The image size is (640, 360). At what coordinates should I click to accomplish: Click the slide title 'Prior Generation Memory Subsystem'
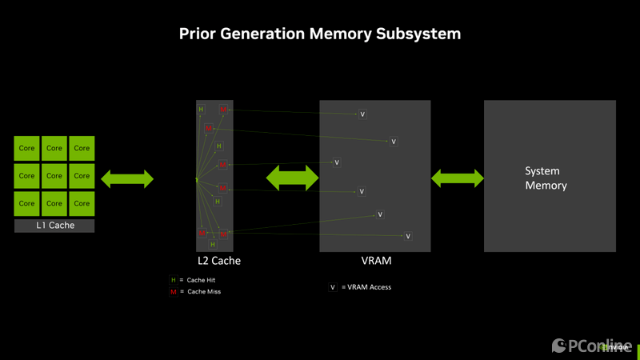[x=319, y=34]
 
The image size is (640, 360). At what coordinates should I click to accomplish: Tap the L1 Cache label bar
[x=54, y=226]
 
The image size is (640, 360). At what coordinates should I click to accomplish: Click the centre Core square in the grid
[x=54, y=176]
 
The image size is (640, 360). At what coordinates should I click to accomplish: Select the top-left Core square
[x=27, y=148]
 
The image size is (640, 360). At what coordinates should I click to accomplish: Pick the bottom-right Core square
[x=82, y=203]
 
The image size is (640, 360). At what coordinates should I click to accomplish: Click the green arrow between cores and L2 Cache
[x=126, y=179]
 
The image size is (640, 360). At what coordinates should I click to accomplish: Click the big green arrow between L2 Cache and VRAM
[x=292, y=178]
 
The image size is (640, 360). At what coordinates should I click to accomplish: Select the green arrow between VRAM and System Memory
[x=458, y=178]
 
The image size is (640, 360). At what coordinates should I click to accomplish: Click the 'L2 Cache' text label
[x=219, y=261]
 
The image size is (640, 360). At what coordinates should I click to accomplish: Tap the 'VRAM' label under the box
[x=375, y=261]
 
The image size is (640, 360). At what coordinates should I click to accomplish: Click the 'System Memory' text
[x=546, y=178]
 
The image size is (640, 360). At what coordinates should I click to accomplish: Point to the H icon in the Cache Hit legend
[x=173, y=280]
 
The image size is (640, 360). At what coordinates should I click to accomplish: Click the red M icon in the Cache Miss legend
[x=173, y=292]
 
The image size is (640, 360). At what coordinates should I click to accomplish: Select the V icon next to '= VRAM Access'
[x=333, y=287]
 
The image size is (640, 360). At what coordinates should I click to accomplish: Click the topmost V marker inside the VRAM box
[x=362, y=114]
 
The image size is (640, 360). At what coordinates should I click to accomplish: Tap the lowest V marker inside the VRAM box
[x=408, y=236]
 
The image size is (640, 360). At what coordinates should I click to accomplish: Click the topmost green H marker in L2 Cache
[x=201, y=109]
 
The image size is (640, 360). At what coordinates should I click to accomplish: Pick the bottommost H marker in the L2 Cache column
[x=213, y=244]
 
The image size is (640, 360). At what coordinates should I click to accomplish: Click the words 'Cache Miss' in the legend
[x=204, y=292]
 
